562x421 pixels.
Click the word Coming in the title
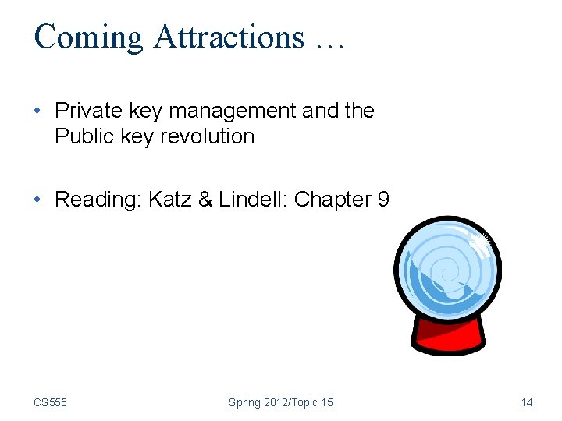89,37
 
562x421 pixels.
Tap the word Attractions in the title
229,37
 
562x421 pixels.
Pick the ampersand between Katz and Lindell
205,200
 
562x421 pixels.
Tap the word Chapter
333,200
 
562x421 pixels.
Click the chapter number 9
382,200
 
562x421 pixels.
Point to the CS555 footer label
50,402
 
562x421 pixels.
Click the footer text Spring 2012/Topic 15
280,402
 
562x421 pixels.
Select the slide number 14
527,402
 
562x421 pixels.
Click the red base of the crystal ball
447,338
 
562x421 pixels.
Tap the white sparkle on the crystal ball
479,244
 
